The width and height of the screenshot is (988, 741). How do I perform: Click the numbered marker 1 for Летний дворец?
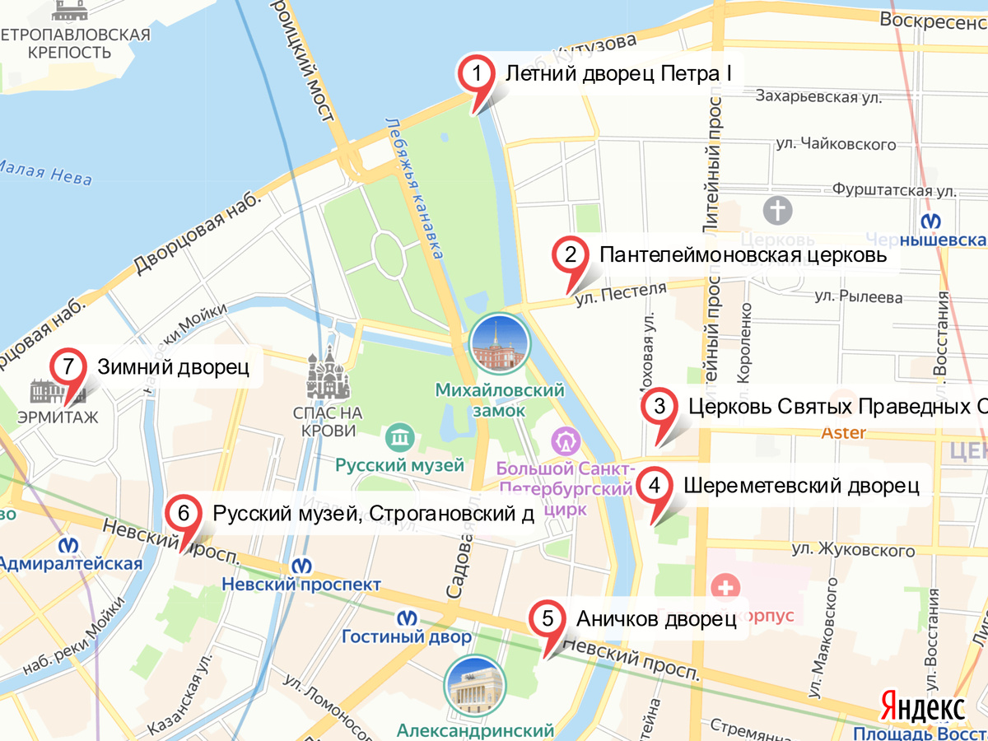coord(476,73)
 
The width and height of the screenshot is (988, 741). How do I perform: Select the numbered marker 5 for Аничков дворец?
coord(548,619)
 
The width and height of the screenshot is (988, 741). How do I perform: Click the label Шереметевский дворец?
coord(800,485)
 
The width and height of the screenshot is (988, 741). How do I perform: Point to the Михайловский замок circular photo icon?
coord(497,345)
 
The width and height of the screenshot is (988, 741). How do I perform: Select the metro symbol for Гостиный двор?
coord(406,617)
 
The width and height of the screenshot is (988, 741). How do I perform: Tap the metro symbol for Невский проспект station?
coord(302,565)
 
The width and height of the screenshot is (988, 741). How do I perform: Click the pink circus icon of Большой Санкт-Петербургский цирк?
coord(566,442)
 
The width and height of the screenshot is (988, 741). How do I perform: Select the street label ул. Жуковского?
coord(853,549)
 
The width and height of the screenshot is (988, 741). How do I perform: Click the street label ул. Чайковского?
coord(835,145)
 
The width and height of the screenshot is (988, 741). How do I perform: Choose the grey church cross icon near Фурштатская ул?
coord(777,209)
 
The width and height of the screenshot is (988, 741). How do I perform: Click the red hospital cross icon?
coord(726,588)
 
